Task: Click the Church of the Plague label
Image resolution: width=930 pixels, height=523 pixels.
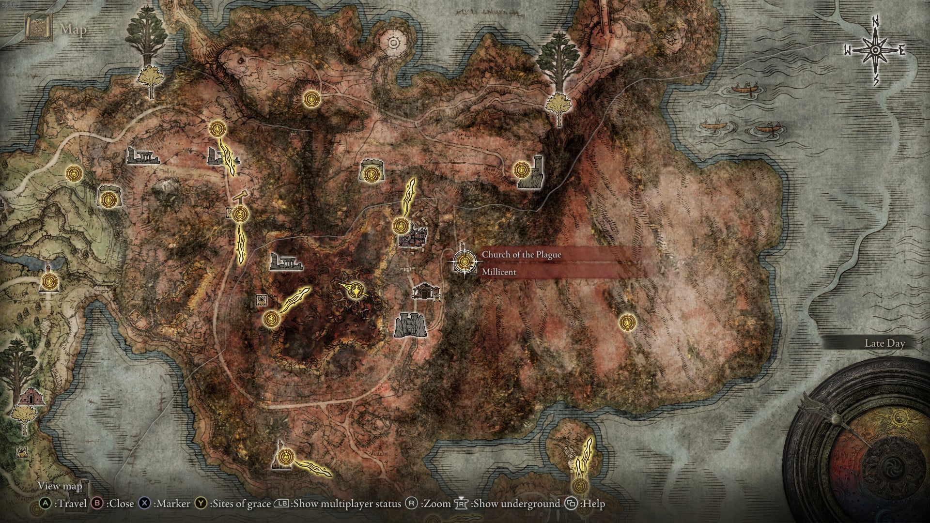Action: tap(521, 255)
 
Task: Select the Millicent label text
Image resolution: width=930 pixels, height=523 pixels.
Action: tap(499, 272)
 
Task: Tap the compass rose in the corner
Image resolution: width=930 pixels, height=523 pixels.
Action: tap(875, 50)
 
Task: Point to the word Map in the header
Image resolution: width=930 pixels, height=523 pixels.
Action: tap(73, 30)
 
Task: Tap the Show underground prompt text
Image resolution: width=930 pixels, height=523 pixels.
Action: tap(509, 504)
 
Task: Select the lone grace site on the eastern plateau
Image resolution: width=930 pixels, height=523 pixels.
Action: tap(627, 322)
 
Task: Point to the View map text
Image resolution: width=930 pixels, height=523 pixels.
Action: tap(60, 486)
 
